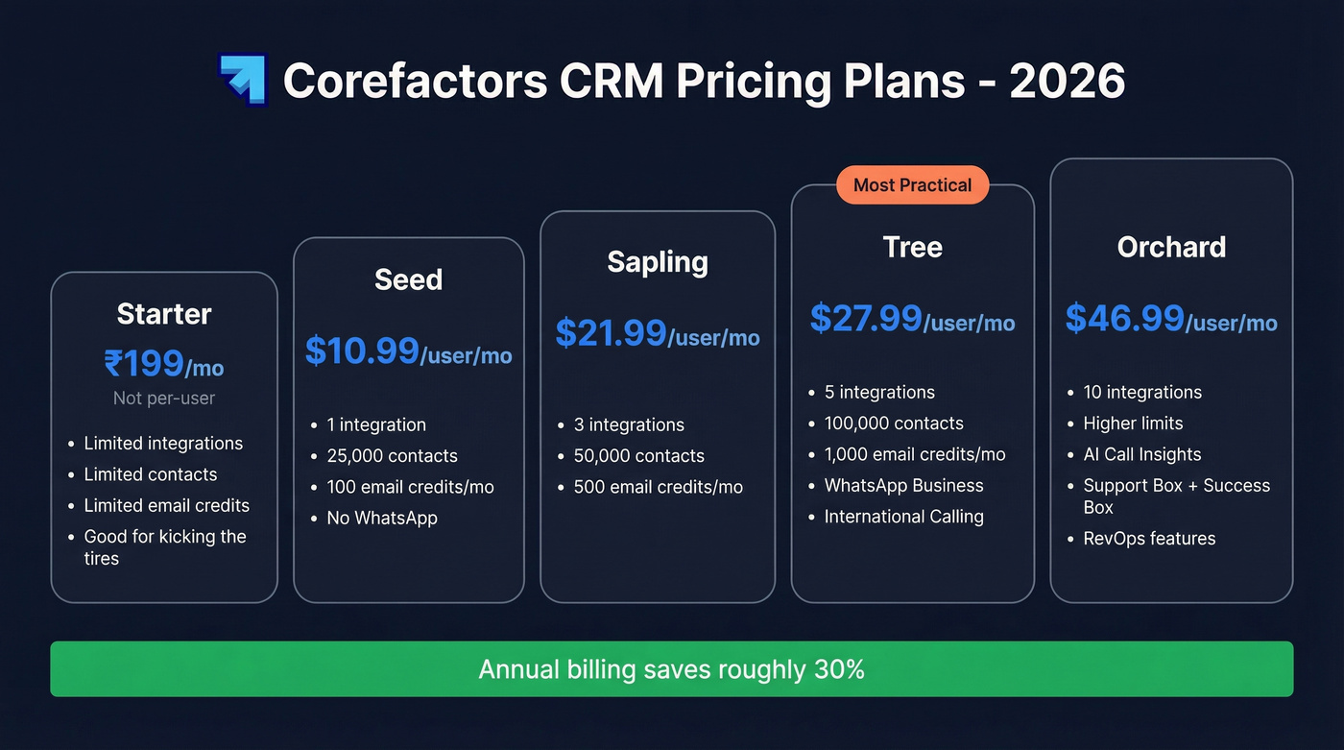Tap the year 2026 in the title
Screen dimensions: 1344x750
[x=1067, y=81]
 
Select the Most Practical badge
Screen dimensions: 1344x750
[x=912, y=185]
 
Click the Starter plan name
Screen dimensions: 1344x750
[x=164, y=314]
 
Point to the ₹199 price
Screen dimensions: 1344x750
[x=144, y=364]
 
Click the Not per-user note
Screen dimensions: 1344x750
[x=164, y=398]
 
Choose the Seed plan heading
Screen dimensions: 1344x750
[x=408, y=279]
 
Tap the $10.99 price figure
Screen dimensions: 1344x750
[x=362, y=351]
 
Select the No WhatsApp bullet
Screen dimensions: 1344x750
[x=381, y=518]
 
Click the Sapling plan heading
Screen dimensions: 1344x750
[x=658, y=262]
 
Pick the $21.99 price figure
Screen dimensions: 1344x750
[x=611, y=333]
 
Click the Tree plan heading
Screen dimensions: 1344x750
[x=912, y=247]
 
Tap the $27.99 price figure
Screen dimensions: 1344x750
[x=866, y=318]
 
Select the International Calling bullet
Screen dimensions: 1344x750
[x=903, y=517]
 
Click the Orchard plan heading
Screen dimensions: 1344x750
[x=1171, y=247]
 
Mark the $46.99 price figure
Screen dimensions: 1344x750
[x=1124, y=318]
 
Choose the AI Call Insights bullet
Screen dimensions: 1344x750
[x=1141, y=454]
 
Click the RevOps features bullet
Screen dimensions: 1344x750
[x=1149, y=539]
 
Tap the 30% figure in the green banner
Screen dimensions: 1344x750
[x=839, y=669]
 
